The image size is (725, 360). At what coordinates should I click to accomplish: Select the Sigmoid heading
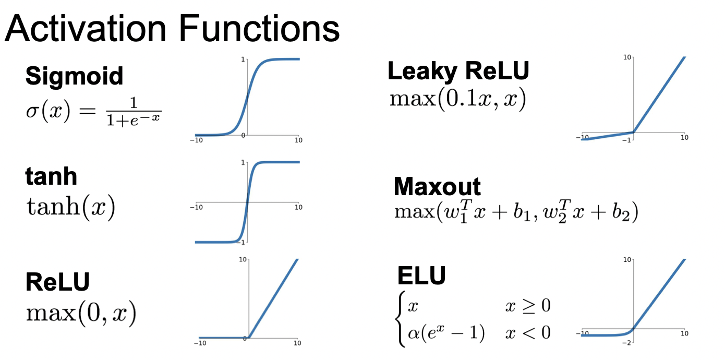click(74, 76)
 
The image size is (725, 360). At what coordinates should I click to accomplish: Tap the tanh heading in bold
click(51, 177)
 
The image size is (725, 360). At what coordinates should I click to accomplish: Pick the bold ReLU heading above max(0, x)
click(57, 282)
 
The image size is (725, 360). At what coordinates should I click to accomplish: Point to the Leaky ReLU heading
click(458, 71)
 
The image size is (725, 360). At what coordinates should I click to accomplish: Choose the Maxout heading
click(437, 186)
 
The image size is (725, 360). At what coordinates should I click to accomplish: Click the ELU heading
click(421, 275)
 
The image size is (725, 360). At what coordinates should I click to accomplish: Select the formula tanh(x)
click(70, 208)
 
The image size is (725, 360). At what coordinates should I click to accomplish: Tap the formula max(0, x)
click(81, 313)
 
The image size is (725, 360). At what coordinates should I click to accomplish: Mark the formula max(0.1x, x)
click(457, 99)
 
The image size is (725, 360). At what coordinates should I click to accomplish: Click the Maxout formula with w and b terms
click(516, 212)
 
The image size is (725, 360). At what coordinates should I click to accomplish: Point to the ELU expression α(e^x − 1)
click(446, 332)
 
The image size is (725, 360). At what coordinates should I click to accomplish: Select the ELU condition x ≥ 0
click(527, 305)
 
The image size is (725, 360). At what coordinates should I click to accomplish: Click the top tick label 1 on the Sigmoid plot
click(243, 59)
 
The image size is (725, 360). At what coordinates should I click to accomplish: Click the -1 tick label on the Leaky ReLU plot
click(629, 140)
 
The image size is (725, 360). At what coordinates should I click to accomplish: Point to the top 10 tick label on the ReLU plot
click(242, 259)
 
